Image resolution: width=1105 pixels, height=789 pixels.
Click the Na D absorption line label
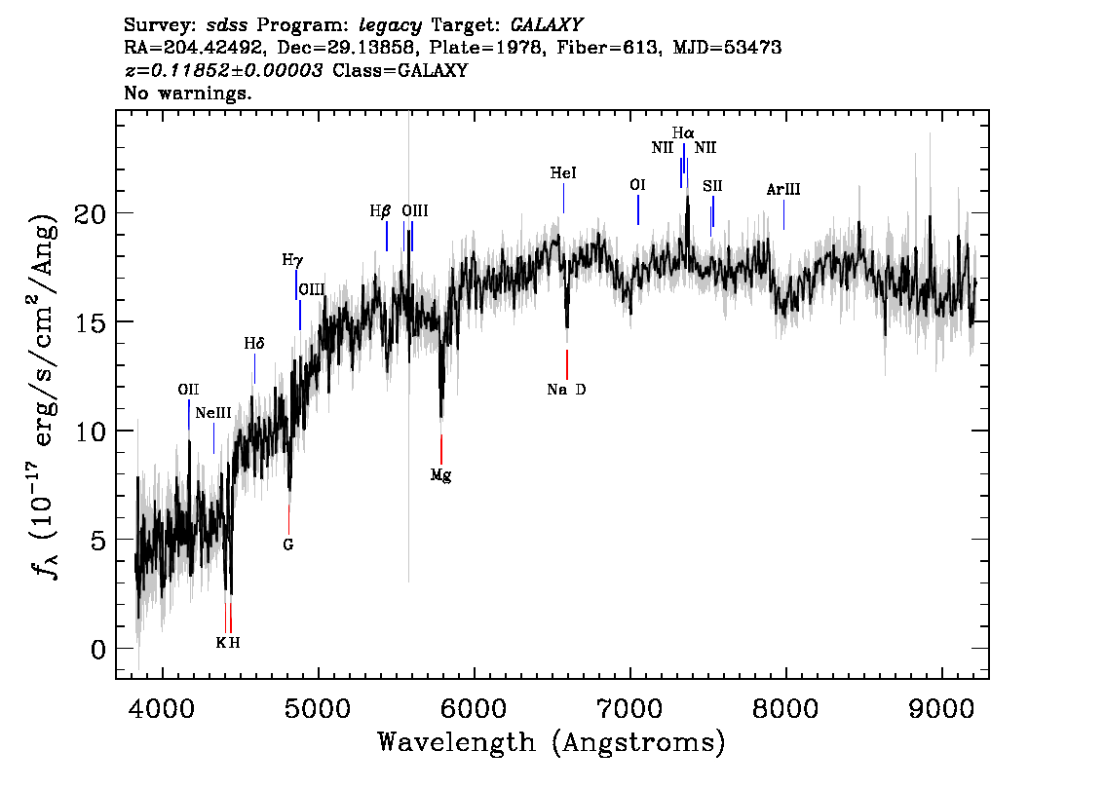click(x=566, y=390)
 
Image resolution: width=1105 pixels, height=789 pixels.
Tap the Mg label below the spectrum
click(x=440, y=475)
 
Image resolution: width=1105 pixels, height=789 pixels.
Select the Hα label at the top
click(x=683, y=132)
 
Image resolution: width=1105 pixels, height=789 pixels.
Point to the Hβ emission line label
click(x=380, y=210)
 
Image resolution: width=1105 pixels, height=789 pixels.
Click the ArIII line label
click(x=783, y=190)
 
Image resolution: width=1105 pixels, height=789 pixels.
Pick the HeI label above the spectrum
click(x=563, y=172)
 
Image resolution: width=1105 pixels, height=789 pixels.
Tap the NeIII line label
click(x=212, y=413)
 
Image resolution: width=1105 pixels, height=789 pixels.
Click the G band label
click(x=287, y=545)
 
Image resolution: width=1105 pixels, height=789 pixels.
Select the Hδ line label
click(x=254, y=344)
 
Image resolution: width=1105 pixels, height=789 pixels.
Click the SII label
click(x=712, y=186)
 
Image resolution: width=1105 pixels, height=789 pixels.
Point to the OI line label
click(x=637, y=184)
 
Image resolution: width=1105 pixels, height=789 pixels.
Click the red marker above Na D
click(x=566, y=364)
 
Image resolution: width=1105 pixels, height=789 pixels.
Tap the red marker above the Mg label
click(x=441, y=449)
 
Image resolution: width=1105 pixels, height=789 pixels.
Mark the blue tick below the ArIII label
click(x=783, y=215)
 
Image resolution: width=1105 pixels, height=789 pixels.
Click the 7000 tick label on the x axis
click(x=629, y=708)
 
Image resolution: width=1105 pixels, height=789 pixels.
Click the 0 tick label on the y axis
click(x=98, y=650)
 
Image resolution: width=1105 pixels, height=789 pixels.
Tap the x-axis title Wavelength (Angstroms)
click(x=552, y=742)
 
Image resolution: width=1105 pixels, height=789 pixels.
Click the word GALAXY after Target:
click(x=546, y=25)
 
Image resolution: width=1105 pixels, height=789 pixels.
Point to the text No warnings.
click(x=187, y=93)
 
